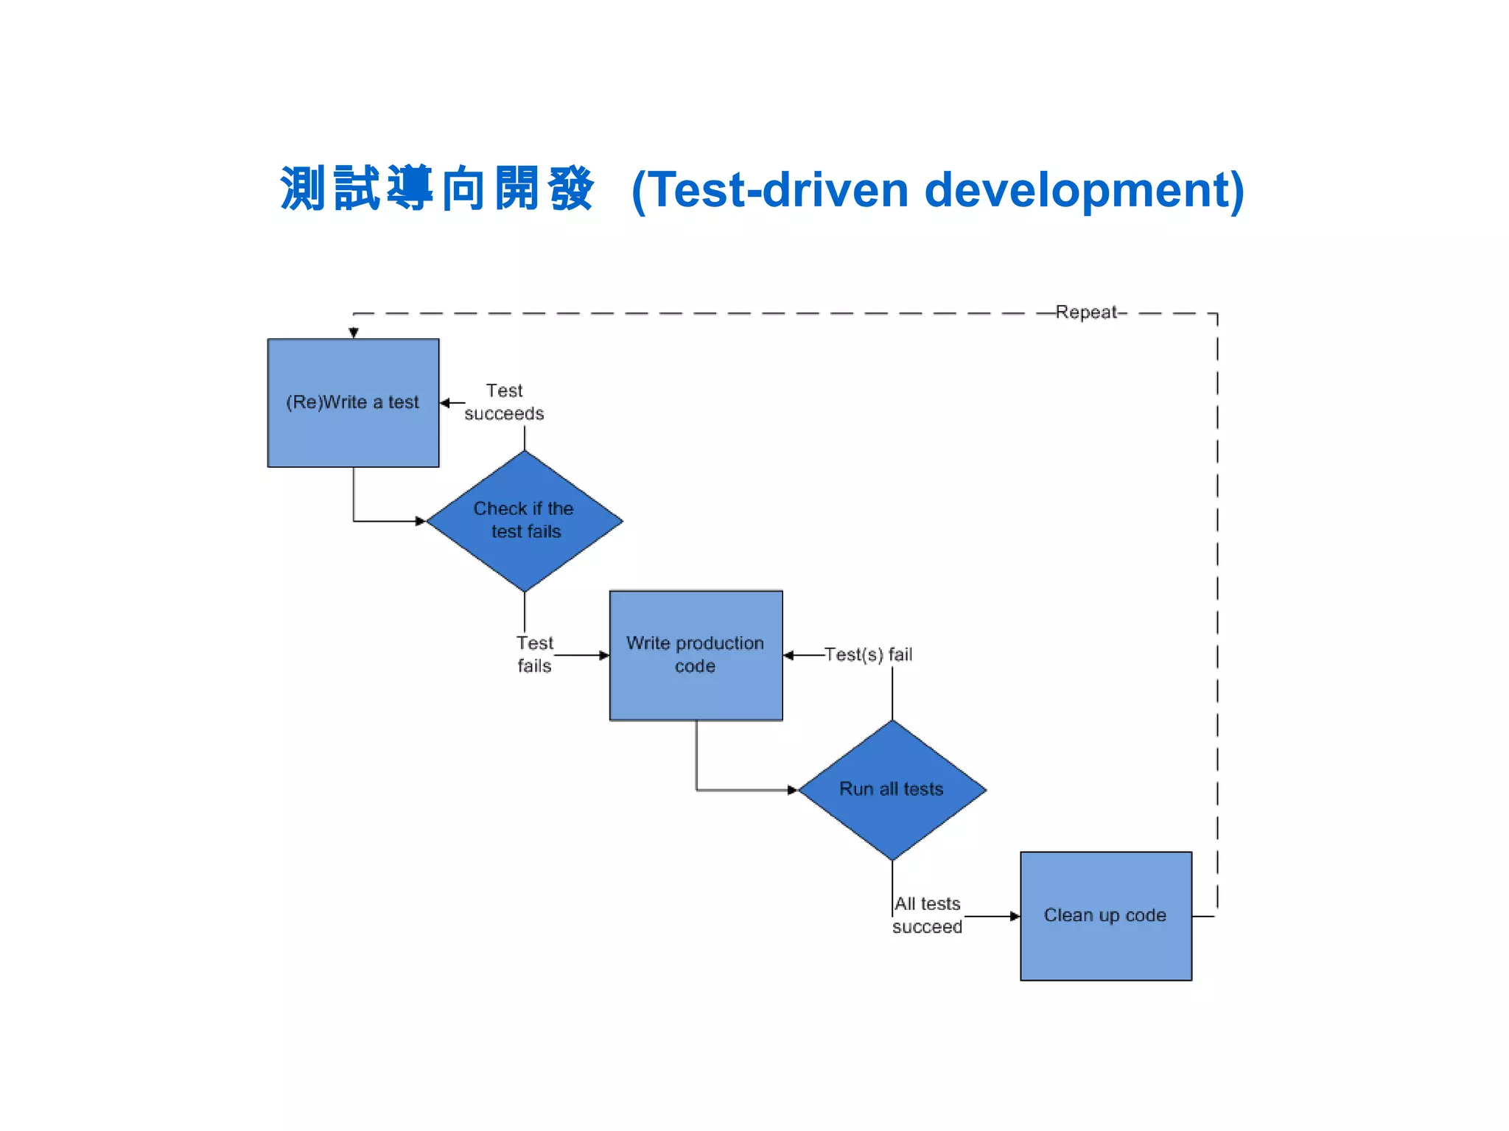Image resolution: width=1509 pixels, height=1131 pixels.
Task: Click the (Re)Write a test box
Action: point(353,402)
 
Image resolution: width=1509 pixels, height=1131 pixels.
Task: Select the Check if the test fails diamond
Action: point(525,520)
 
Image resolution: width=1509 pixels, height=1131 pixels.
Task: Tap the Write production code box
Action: point(696,654)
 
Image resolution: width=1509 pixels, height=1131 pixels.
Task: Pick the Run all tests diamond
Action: point(892,789)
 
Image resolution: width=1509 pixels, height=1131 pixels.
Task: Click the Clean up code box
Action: point(1105,915)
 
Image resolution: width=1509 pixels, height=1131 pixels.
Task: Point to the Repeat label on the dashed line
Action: point(1086,312)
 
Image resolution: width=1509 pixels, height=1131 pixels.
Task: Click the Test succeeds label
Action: point(504,402)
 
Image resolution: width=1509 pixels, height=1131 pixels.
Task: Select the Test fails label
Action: point(534,654)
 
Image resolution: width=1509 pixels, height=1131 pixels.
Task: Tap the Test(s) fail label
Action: point(868,654)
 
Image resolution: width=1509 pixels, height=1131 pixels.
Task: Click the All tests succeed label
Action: point(927,915)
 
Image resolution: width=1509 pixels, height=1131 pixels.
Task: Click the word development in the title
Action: point(1083,190)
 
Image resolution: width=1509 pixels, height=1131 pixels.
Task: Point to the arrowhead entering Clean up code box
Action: point(1015,916)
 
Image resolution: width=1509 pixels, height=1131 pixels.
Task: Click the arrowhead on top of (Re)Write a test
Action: point(354,333)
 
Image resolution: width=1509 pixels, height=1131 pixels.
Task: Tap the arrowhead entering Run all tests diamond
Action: point(792,790)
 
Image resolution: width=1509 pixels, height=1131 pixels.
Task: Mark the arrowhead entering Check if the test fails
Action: point(421,521)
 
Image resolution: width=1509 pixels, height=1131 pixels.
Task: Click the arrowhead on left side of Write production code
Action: point(603,655)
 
